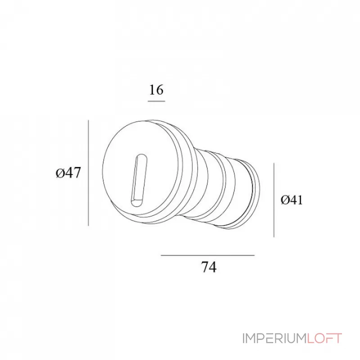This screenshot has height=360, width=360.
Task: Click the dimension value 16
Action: coord(156,90)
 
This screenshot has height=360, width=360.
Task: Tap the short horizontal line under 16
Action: coord(156,101)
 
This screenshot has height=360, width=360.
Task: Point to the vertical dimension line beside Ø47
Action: coord(89,173)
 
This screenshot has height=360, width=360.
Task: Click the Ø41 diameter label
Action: coord(291,200)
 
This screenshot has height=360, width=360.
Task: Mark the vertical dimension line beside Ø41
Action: coord(274,200)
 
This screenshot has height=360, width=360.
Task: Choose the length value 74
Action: coord(208,267)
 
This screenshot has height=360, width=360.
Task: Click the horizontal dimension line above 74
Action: coord(207,255)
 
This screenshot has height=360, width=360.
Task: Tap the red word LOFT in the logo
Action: coord(325,338)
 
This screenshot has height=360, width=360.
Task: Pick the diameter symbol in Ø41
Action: coord(284,200)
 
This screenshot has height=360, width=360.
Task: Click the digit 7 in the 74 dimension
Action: coord(204,267)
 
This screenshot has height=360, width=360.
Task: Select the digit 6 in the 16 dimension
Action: coord(160,90)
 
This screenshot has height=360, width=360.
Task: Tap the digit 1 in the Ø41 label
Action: coord(299,200)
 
